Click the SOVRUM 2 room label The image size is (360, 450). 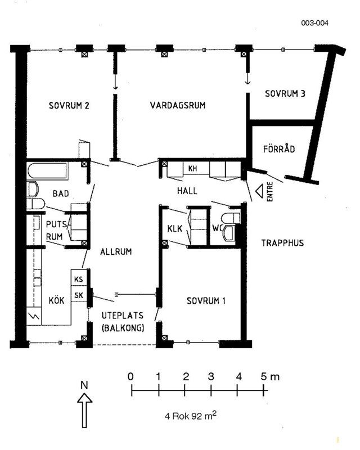click(x=69, y=105)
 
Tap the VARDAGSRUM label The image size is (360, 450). click(x=178, y=105)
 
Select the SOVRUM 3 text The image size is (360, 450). click(x=285, y=93)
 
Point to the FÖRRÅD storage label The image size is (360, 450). click(x=279, y=148)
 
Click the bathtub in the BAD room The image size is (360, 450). click(x=48, y=172)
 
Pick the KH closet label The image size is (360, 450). click(x=192, y=168)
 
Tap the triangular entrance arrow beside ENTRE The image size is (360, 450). click(x=259, y=191)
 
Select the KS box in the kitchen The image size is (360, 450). click(x=79, y=279)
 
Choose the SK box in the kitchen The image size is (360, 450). click(x=79, y=295)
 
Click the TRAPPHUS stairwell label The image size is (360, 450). click(x=282, y=243)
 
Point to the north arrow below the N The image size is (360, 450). click(x=85, y=411)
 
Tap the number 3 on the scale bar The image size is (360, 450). click(x=211, y=376)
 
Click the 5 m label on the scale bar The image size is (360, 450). click(x=270, y=376)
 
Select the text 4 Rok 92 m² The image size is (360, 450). click(x=191, y=415)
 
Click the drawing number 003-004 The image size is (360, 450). click(x=314, y=23)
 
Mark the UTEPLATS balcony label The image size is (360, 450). click(x=123, y=316)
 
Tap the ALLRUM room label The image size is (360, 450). click(x=116, y=251)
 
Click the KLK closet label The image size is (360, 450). click(x=174, y=228)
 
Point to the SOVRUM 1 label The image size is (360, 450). click(x=206, y=301)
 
